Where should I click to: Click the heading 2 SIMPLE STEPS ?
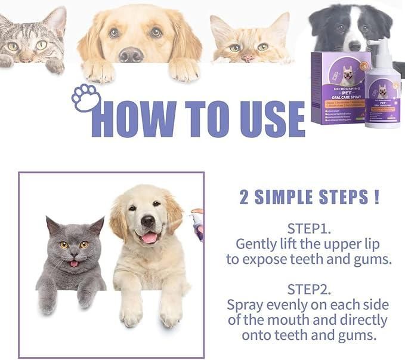point(309,198)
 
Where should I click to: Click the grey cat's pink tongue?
point(73,263)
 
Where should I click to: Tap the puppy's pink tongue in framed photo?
point(149,238)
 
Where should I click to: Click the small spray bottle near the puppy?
point(197,224)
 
